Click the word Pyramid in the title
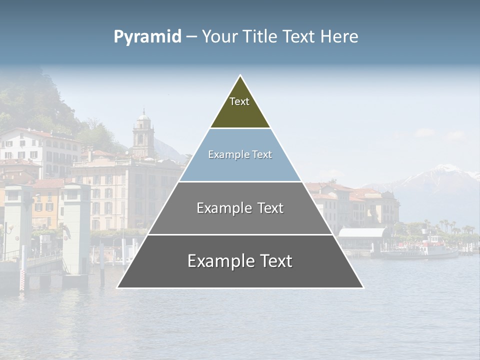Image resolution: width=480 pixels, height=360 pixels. tap(147, 37)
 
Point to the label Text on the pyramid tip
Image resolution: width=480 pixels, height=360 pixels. tap(239, 101)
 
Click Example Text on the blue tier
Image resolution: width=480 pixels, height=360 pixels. tap(240, 155)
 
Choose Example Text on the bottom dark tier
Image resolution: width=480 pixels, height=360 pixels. tap(240, 261)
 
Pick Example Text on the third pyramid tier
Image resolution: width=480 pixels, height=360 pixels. tap(240, 208)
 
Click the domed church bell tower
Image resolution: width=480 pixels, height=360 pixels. tap(143, 132)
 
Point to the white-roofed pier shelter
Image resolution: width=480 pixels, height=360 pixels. tap(362, 233)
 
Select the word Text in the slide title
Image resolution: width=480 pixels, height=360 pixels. tap(299, 37)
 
